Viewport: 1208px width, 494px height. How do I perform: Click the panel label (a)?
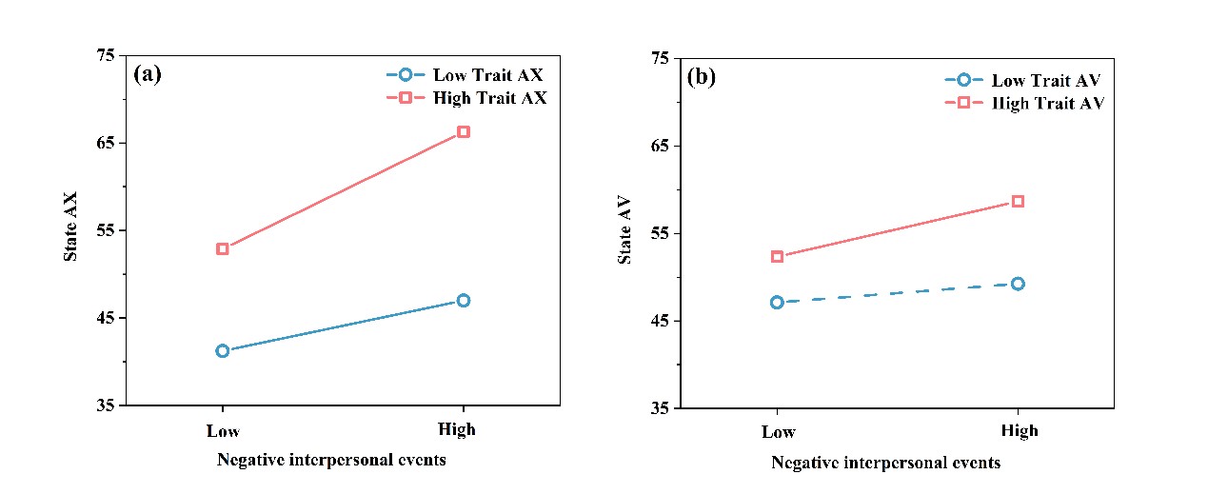(148, 73)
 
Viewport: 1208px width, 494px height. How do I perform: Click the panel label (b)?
(702, 77)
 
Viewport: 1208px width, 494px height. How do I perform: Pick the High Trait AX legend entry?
(466, 98)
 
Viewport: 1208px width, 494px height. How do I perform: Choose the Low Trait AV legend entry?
(1024, 80)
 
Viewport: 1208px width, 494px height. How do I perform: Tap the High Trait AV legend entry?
(1024, 103)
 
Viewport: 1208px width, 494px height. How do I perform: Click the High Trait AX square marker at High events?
(464, 131)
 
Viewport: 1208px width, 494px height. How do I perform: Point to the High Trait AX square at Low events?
(223, 248)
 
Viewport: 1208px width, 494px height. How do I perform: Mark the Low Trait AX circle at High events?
(464, 300)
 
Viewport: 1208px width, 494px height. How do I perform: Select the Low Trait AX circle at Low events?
(223, 350)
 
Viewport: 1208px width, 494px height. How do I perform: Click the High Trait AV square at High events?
(1018, 201)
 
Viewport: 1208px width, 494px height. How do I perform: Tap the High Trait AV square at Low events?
(777, 256)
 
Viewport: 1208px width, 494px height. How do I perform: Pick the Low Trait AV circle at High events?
(1018, 283)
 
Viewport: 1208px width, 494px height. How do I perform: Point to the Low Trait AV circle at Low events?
(777, 302)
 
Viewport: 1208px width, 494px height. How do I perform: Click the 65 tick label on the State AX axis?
(103, 143)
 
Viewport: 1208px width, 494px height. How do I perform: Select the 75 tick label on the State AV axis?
(659, 58)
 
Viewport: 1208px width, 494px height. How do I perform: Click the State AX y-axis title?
(71, 228)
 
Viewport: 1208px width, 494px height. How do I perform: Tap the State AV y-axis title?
(625, 231)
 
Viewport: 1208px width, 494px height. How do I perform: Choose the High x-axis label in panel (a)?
(457, 429)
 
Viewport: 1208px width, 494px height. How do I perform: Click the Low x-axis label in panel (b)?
(778, 432)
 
